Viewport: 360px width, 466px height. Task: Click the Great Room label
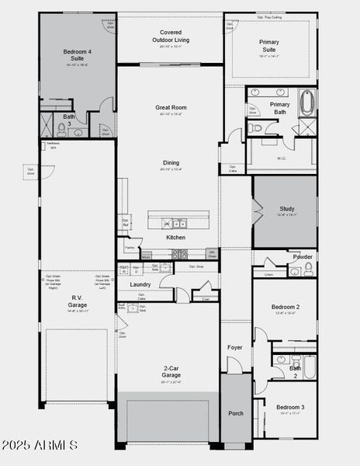click(168, 108)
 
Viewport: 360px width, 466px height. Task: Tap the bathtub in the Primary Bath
click(306, 102)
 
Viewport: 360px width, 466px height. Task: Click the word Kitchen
click(176, 237)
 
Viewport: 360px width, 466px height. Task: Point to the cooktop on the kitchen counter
click(179, 254)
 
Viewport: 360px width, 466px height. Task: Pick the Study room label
click(288, 209)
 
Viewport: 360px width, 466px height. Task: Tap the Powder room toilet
click(309, 269)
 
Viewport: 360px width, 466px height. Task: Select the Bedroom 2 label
click(286, 308)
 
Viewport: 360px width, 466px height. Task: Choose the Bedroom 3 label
click(291, 407)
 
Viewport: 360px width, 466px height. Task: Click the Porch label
click(236, 413)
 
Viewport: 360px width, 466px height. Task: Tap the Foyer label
click(236, 347)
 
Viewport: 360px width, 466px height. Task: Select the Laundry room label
click(140, 284)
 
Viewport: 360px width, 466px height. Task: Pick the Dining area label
click(171, 162)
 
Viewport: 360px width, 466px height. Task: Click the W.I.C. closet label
click(282, 158)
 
